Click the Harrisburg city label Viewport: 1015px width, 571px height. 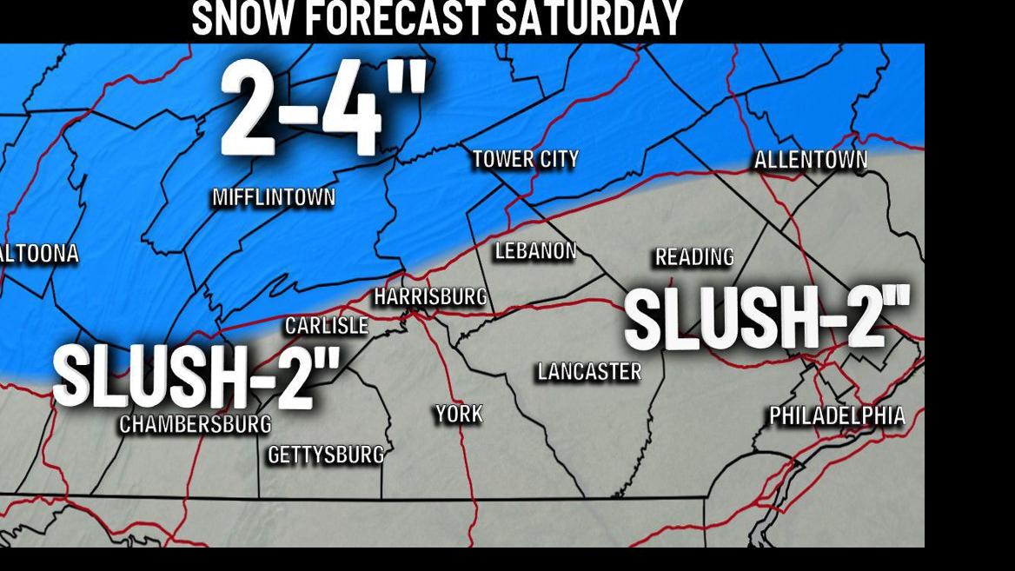tap(430, 297)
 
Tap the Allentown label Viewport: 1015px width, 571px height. tap(810, 160)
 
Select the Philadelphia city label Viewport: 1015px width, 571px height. tap(837, 416)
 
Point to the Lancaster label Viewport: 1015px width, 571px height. tap(589, 372)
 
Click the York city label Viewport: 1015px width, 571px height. tap(459, 415)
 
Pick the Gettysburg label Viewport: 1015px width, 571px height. tap(326, 455)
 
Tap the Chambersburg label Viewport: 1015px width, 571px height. tap(196, 424)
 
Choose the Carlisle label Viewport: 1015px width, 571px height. tap(327, 326)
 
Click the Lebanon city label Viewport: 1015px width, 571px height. tap(535, 251)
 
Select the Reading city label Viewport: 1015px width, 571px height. tap(694, 257)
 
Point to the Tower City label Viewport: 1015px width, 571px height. tap(525, 160)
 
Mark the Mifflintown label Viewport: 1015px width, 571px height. tap(274, 198)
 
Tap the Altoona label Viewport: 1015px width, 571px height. tap(40, 254)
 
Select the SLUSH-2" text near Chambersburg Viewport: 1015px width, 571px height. tap(196, 376)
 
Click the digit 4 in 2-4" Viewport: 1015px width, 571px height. tap(352, 110)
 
